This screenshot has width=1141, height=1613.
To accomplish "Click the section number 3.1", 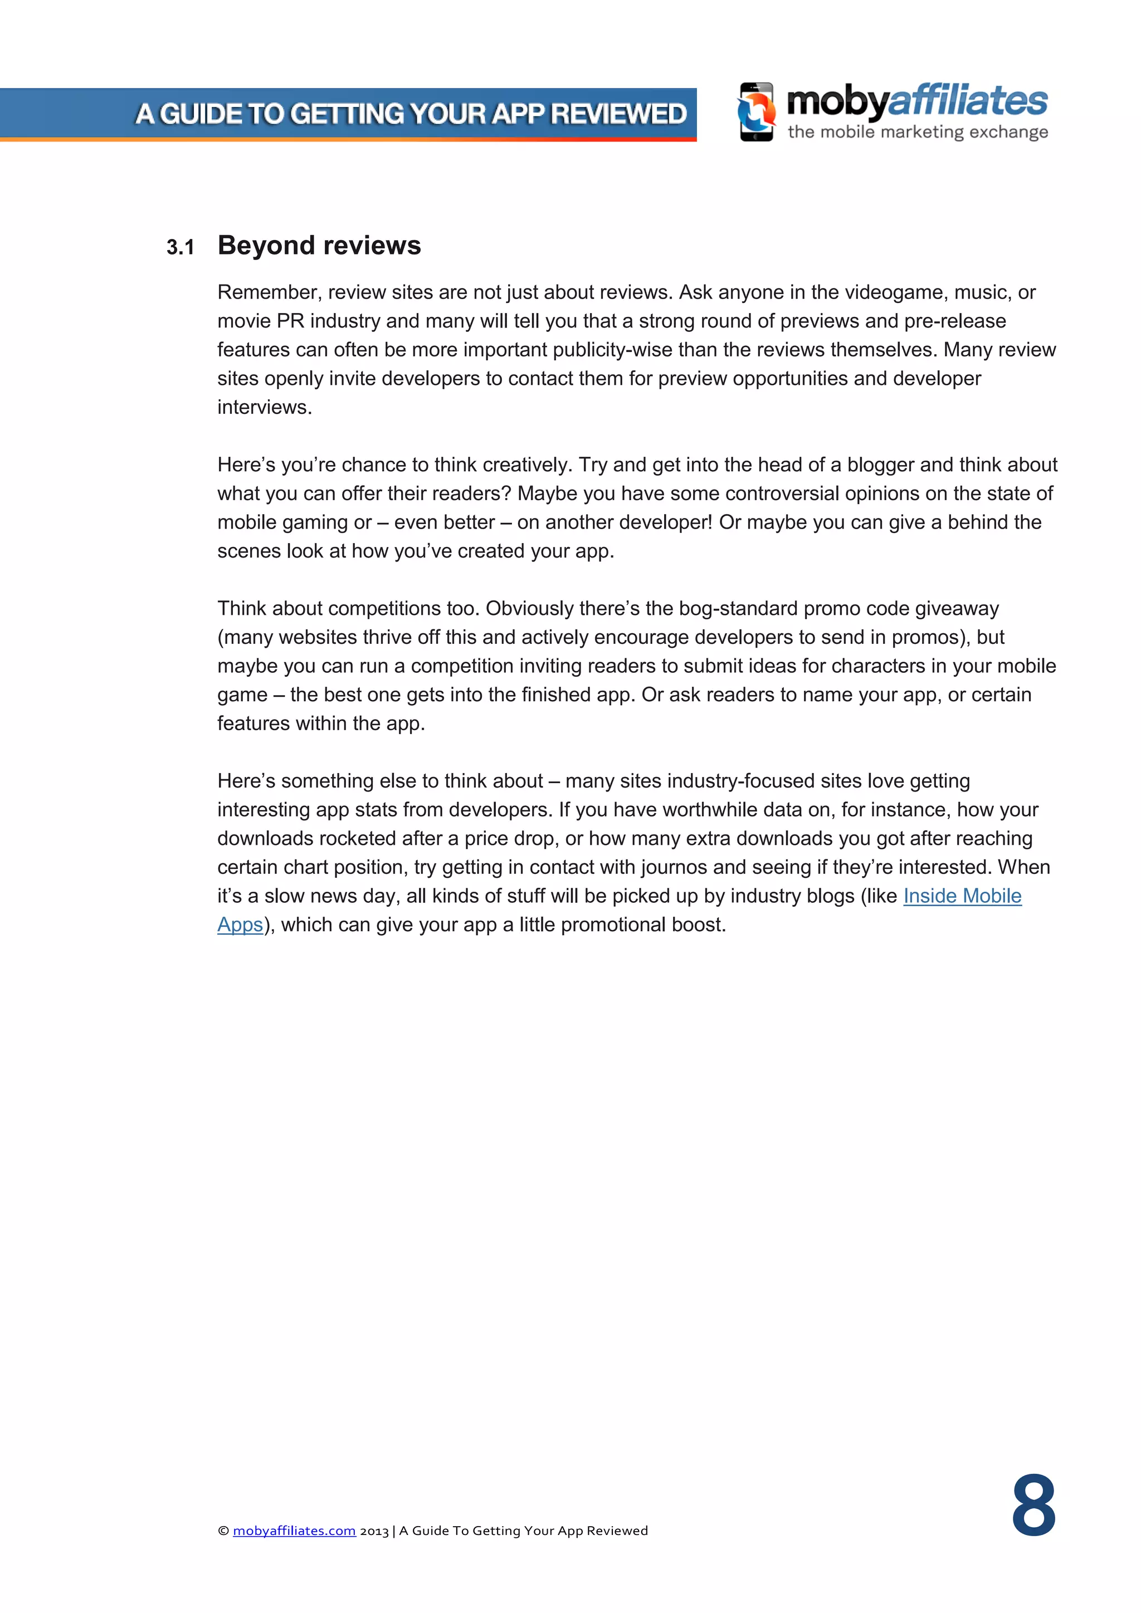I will (x=180, y=247).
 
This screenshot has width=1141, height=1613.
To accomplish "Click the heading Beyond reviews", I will (x=319, y=245).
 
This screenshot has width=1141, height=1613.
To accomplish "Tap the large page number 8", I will (x=1033, y=1506).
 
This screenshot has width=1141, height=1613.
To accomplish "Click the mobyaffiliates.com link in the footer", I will (x=294, y=1530).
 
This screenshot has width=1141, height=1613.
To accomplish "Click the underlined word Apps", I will (x=240, y=925).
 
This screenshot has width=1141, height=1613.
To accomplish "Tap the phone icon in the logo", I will (x=756, y=113).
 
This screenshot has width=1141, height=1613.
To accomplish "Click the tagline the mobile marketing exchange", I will (x=917, y=132).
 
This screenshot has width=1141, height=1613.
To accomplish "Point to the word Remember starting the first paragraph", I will (x=267, y=292).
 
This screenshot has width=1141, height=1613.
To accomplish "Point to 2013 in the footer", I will (x=374, y=1531).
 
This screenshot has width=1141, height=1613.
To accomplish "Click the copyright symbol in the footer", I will (x=223, y=1531).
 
